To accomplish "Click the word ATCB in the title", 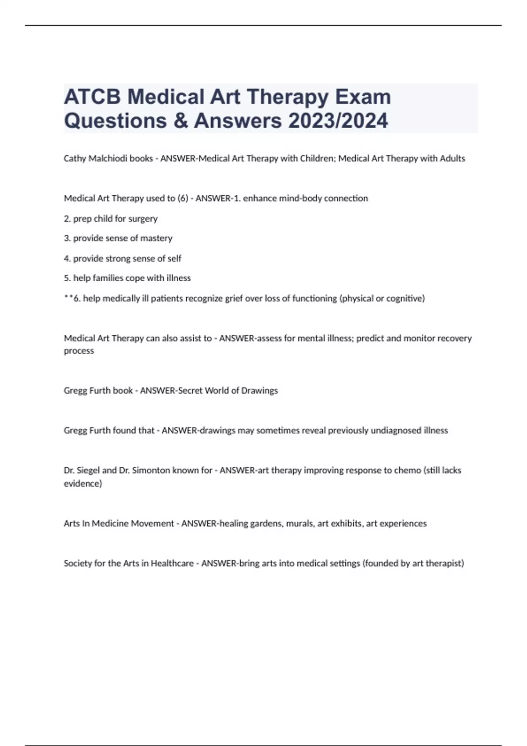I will (x=92, y=97).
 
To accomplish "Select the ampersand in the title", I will (x=180, y=121).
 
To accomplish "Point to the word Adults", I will (x=452, y=158).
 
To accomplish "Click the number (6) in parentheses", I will (x=183, y=198).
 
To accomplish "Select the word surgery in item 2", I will (x=143, y=219).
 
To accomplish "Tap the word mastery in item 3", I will (x=156, y=238).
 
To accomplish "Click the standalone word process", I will (x=79, y=351).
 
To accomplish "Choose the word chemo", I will (x=407, y=470).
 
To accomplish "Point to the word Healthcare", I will (x=172, y=563).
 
